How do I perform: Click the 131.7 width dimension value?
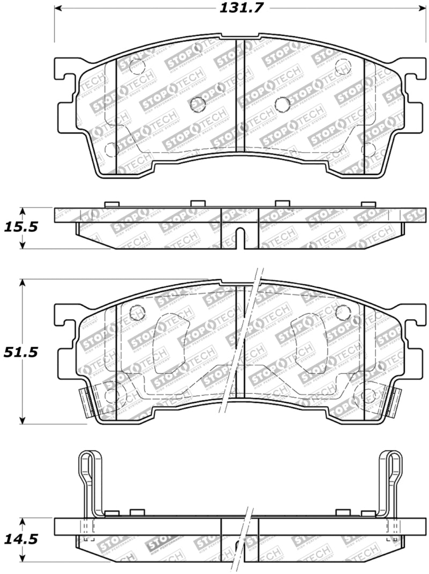click(x=237, y=8)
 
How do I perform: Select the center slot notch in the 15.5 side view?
click(x=240, y=239)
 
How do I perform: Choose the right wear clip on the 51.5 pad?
click(x=393, y=402)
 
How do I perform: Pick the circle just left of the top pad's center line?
click(x=199, y=104)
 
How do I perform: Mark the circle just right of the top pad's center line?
click(x=282, y=104)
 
